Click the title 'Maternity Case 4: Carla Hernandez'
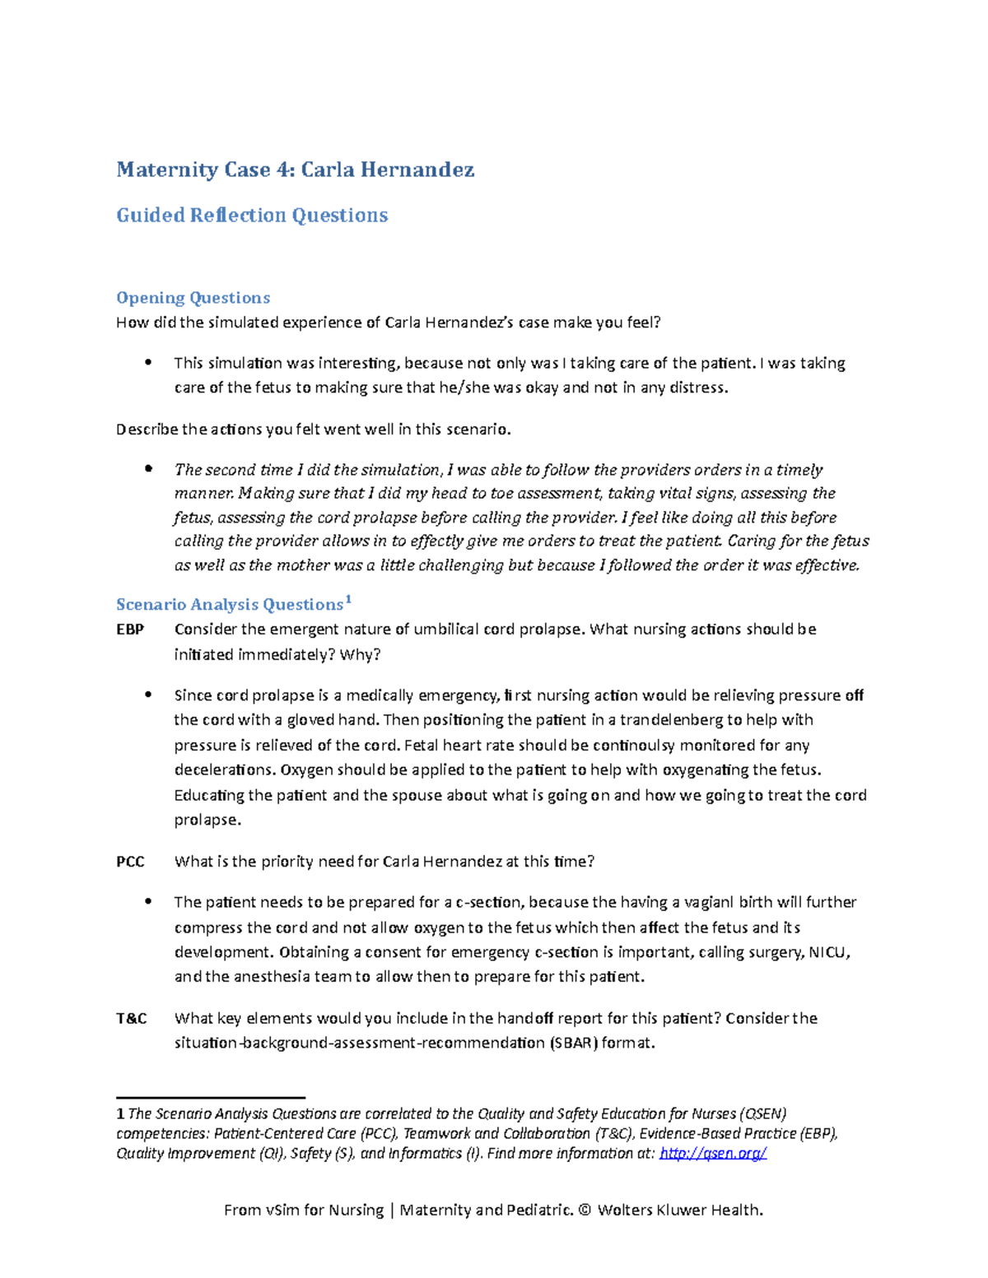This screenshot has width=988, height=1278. coord(295,170)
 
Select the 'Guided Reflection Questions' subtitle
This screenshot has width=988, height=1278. coord(252,216)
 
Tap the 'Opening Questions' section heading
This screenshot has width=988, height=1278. coord(193,298)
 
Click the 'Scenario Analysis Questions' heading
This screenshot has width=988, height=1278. coord(229,605)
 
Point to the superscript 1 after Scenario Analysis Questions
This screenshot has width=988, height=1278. coord(348,600)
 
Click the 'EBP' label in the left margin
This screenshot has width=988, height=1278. coord(130,630)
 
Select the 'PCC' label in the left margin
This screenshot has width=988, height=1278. coord(130,862)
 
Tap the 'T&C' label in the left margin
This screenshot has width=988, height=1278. coord(132,1019)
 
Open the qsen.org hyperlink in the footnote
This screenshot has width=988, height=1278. coord(713,1153)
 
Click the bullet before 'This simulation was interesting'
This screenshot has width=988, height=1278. coord(148,363)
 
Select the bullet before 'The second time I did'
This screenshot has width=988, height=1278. coord(148,469)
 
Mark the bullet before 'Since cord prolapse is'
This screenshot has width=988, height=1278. coord(148,695)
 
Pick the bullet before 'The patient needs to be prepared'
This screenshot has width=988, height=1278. coord(148,902)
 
